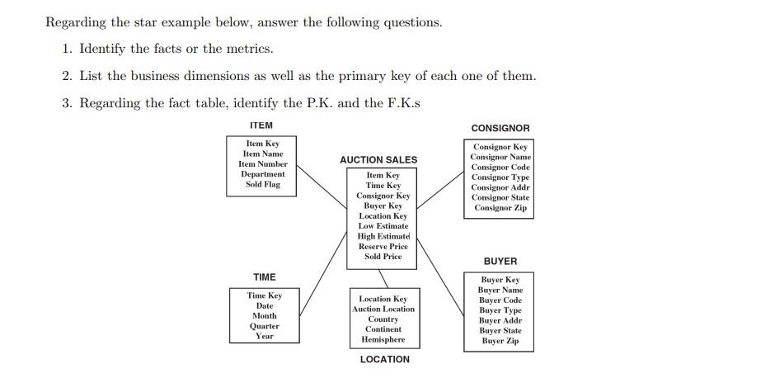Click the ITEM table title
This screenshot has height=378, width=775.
(x=261, y=125)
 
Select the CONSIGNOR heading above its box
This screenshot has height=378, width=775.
(x=500, y=128)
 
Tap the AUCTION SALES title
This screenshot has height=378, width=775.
(x=378, y=159)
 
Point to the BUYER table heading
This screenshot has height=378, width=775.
(x=500, y=261)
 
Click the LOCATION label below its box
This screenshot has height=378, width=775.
(x=384, y=359)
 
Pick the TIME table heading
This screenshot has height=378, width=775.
(x=264, y=276)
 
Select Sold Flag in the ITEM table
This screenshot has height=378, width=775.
(x=263, y=184)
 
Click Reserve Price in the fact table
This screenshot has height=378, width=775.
(x=383, y=246)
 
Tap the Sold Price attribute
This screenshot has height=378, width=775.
(x=383, y=256)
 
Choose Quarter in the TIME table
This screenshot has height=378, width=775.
(x=264, y=326)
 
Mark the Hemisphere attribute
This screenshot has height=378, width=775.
(x=383, y=339)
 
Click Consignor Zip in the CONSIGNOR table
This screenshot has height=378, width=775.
(x=500, y=207)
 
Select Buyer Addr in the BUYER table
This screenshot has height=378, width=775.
(x=500, y=320)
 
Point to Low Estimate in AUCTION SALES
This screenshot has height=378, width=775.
(x=383, y=225)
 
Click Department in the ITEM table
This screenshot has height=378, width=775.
(x=263, y=174)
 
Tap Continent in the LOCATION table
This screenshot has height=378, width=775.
(x=383, y=329)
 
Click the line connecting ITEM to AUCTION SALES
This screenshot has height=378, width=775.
(x=322, y=186)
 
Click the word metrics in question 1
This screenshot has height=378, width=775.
(x=250, y=49)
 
